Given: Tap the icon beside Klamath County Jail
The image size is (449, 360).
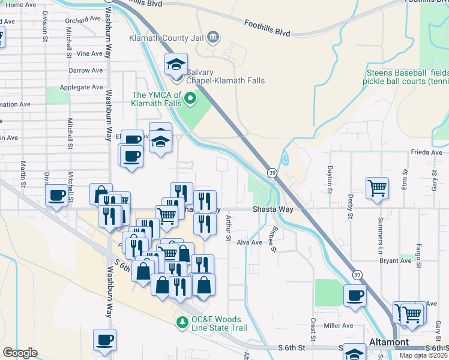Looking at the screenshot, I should coord(212,38).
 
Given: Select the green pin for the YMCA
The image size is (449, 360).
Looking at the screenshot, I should coord(191,98).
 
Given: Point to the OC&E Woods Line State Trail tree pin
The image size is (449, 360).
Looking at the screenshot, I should coord(182,322).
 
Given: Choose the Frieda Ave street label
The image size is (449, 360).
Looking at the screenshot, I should coord(427,152).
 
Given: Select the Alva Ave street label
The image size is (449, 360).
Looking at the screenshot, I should coord(250,242).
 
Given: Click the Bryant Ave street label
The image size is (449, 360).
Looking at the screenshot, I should coord(395,260).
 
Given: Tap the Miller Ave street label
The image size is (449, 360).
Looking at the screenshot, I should coord(339,326).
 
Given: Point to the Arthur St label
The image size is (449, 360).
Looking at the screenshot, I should coord(228,229).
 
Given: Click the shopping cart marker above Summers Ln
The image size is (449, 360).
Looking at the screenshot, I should coord(378,188).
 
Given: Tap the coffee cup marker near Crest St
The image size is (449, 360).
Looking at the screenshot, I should coord(355,296).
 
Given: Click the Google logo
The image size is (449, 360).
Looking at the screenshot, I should coord(20,352).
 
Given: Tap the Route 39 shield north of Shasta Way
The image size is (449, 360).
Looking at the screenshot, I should coord(272,172).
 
